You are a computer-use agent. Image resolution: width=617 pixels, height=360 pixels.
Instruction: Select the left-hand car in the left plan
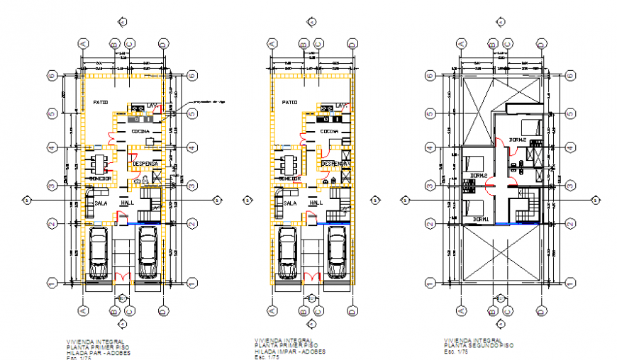click(x=99, y=253)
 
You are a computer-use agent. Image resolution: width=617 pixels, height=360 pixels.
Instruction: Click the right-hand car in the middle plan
click(x=337, y=253)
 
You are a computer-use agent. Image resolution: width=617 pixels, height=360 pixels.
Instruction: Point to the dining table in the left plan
click(x=98, y=164)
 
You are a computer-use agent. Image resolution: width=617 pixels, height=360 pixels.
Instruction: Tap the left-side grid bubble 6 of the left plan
click(x=52, y=74)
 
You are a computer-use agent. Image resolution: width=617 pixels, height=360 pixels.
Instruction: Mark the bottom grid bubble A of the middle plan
click(x=272, y=310)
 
